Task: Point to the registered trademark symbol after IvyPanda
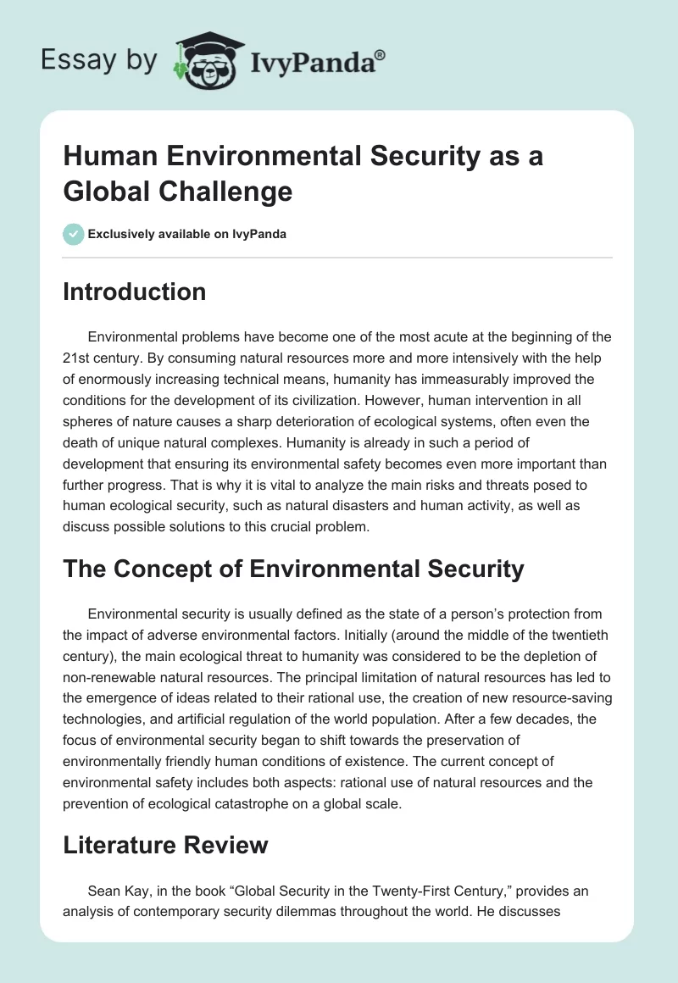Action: (x=381, y=55)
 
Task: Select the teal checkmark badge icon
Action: (x=74, y=234)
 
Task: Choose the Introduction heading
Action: (x=135, y=292)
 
